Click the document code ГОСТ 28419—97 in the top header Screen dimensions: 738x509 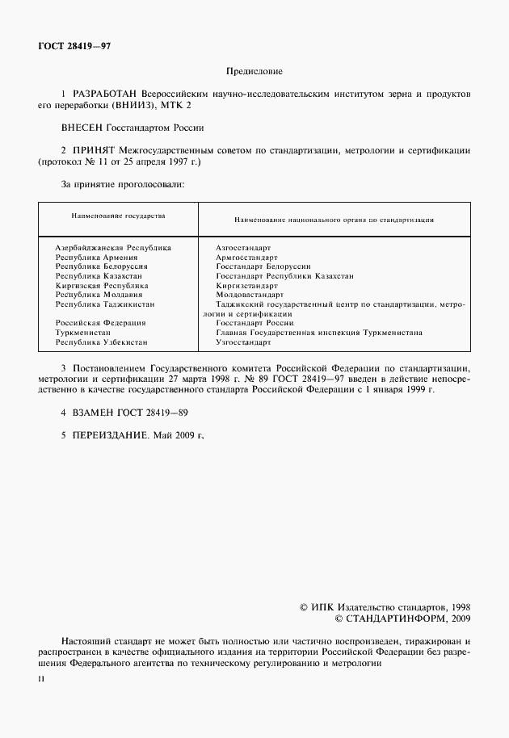74,46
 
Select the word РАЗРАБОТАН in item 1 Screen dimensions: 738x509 103,94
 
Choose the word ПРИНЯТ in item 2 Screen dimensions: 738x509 93,150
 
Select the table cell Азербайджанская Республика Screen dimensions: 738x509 113,247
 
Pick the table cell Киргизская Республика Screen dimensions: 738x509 102,285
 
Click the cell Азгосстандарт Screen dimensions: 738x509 244,247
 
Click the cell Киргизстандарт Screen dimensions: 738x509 247,285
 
